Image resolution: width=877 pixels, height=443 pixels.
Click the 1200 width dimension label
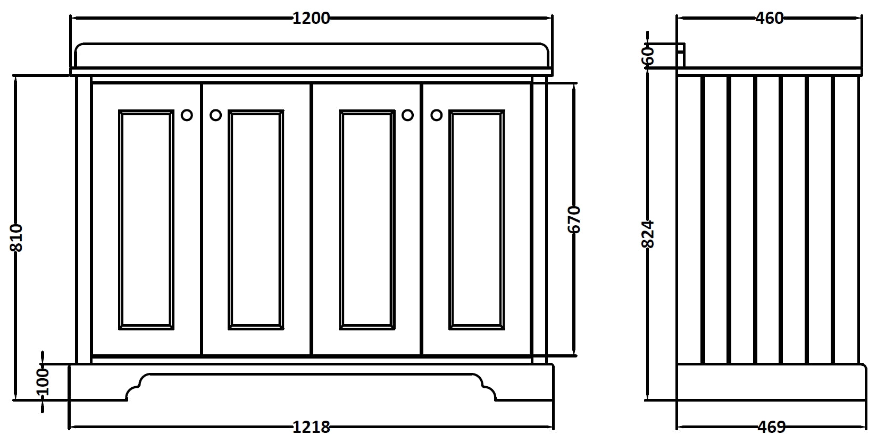click(x=311, y=18)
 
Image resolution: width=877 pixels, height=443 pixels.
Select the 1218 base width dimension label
click(x=311, y=427)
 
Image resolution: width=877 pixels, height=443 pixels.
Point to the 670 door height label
click(x=574, y=219)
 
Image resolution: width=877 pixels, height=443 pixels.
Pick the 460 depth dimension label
click(x=769, y=18)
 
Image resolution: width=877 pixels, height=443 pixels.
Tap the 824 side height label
click(x=648, y=234)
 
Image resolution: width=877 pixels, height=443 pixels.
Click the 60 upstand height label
click(x=648, y=55)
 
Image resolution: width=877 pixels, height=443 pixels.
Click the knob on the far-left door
click(x=187, y=115)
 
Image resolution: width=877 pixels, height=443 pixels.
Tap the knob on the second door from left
click(x=215, y=115)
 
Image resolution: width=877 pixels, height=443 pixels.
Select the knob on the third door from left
click(x=407, y=115)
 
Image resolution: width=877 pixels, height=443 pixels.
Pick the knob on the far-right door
click(x=436, y=115)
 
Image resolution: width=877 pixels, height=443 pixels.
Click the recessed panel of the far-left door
click(x=146, y=219)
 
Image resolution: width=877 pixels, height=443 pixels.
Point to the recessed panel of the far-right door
click(x=477, y=219)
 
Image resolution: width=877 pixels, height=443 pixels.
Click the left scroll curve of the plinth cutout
click(x=135, y=387)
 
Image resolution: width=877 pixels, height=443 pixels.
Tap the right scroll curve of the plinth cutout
click(x=488, y=387)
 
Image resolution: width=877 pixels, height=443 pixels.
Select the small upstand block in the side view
click(x=681, y=49)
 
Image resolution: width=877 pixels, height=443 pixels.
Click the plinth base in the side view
click(x=769, y=382)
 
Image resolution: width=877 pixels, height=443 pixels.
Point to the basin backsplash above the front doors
click(x=311, y=55)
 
